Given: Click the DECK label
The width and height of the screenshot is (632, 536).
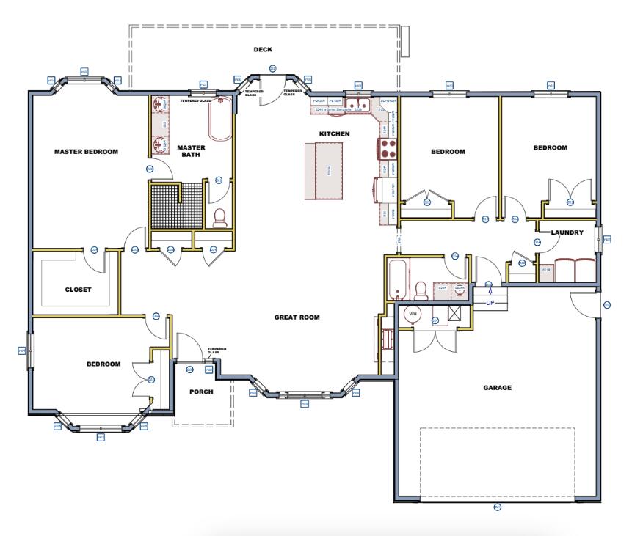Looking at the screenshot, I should coord(263,50).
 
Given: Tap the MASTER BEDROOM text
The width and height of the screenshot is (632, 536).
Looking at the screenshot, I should coord(87,152).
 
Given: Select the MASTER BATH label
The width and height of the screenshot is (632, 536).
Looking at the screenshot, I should coord(191,150).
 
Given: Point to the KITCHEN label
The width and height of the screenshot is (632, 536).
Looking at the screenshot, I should coord(334,133).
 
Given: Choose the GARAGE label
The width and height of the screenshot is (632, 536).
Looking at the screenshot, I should coord(497,388).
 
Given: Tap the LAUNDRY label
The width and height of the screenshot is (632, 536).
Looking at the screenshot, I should coord(567,232).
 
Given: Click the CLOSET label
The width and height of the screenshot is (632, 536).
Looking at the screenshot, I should coord(78,289).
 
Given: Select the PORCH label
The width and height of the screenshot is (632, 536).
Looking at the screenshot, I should coord(200,392).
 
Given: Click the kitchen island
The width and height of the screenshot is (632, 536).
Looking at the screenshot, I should coord(324,171).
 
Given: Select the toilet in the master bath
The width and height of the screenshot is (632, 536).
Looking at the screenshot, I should coord(219,216).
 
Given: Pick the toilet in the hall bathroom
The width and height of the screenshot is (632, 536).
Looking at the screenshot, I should coord(421,289).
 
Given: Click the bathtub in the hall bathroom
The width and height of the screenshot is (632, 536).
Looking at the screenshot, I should coord(396,279).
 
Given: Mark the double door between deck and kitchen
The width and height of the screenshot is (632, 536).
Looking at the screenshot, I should coord(272,87).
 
